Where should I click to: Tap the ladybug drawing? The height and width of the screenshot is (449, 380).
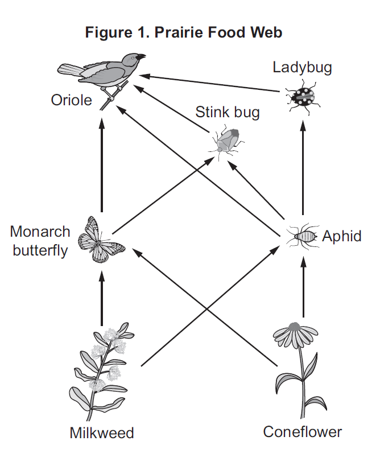click(x=303, y=97)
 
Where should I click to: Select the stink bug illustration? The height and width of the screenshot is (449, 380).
click(x=227, y=142)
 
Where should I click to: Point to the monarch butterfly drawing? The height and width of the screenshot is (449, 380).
click(x=101, y=240)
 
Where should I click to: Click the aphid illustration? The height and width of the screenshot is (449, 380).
click(x=303, y=236)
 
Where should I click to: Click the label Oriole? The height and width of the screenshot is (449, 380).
click(x=71, y=100)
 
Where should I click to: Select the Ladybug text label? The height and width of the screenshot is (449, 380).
click(x=302, y=68)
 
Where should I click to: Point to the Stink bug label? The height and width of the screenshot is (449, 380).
click(x=228, y=113)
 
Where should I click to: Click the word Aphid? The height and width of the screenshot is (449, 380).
click(x=342, y=237)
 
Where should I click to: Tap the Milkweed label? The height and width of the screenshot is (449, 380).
click(x=102, y=433)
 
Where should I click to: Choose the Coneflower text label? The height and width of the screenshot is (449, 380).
click(x=303, y=432)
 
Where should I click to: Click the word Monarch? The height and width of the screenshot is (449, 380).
click(x=40, y=232)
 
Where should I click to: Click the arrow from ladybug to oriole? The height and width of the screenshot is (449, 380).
click(x=209, y=83)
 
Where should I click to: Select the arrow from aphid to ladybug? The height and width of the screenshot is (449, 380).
click(x=303, y=168)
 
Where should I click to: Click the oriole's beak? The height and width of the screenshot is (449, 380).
click(x=141, y=57)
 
